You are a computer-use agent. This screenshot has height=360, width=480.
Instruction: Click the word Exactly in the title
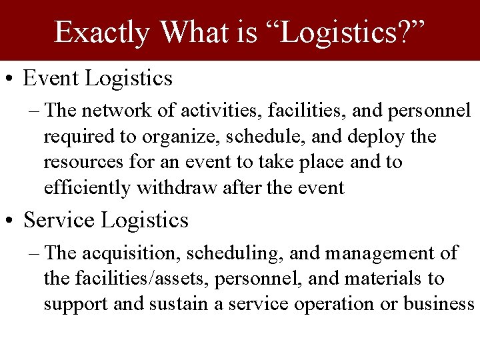click(x=102, y=31)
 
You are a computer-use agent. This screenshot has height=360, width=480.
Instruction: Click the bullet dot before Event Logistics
click(x=11, y=79)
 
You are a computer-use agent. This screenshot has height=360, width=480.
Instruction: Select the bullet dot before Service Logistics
click(x=11, y=220)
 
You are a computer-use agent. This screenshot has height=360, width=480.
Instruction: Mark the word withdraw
click(x=177, y=188)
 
